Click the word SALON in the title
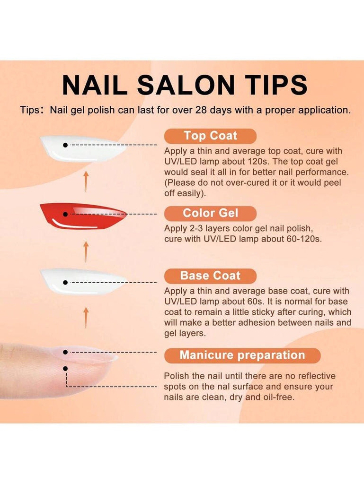pyautogui.click(x=186, y=85)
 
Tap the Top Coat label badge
pyautogui.click(x=211, y=136)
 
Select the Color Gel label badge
pyautogui.click(x=211, y=213)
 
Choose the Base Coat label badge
pyautogui.click(x=211, y=276)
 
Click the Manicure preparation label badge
pyautogui.click(x=242, y=355)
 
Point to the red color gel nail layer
pyautogui.click(x=83, y=216)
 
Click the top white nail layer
pyautogui.click(x=83, y=148)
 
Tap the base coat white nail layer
pyautogui.click(x=83, y=281)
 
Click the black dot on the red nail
pyautogui.click(x=65, y=214)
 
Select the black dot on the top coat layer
pyautogui.click(x=65, y=145)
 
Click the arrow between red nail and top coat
pyautogui.click(x=86, y=181)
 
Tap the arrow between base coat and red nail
pyautogui.click(x=86, y=251)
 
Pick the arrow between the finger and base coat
pyautogui.click(x=86, y=317)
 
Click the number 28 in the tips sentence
pyautogui.click(x=201, y=110)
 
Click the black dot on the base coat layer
pyautogui.click(x=65, y=283)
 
